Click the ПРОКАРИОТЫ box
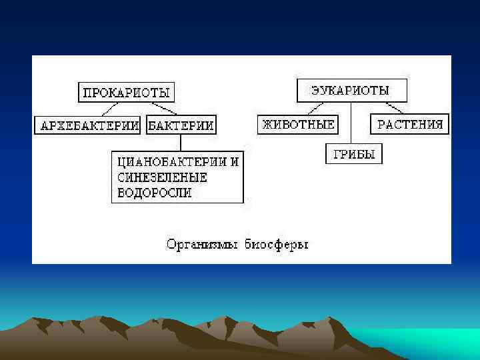pos(126,92)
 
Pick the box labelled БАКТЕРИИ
pos(181,125)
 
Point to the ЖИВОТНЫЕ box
pos(297,125)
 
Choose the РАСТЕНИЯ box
pos(410,125)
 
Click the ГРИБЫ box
pos(354,155)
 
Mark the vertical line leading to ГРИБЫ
pos(351,123)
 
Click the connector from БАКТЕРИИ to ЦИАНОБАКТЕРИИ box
pos(180,143)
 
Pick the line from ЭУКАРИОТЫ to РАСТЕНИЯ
pos(393,108)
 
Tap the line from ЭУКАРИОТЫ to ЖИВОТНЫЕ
pos(315,108)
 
